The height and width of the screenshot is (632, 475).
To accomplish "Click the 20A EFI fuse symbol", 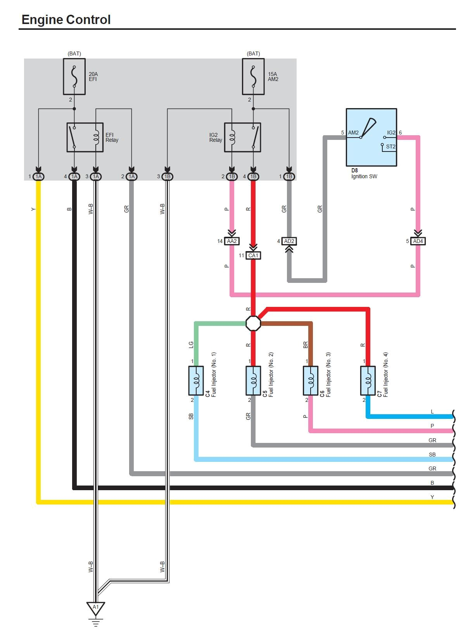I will tap(74, 77).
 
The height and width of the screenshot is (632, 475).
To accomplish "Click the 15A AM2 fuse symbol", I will tap(253, 77).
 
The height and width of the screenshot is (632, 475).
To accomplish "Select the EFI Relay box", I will tap(85, 138).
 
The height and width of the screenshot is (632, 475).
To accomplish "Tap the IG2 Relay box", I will tap(243, 138).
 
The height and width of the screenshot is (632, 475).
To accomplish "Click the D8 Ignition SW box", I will tap(371, 138).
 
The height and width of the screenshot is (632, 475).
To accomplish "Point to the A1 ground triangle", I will tap(95, 608).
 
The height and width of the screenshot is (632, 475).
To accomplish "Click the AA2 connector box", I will tap(232, 241).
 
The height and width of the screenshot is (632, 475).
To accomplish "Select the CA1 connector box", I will tap(253, 255).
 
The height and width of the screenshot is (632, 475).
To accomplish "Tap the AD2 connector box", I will tap(289, 241).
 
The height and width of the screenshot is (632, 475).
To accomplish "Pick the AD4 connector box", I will tap(418, 241).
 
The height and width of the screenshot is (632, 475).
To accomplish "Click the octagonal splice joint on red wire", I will tap(253, 323).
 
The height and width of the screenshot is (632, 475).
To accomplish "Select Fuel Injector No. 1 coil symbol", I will tap(196, 381).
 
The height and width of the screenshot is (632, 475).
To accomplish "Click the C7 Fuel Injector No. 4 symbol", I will tap(368, 381).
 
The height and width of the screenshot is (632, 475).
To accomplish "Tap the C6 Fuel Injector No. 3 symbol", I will tap(311, 381).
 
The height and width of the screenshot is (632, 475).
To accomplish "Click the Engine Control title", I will tap(66, 20).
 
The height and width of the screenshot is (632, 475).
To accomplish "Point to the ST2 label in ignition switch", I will tap(390, 146).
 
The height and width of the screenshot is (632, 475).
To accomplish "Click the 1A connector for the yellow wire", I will tap(38, 177).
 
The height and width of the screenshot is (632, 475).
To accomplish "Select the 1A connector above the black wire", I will tap(74, 177).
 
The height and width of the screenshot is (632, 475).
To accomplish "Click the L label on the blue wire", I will tap(432, 412).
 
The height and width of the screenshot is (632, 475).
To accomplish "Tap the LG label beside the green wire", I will tap(191, 344).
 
